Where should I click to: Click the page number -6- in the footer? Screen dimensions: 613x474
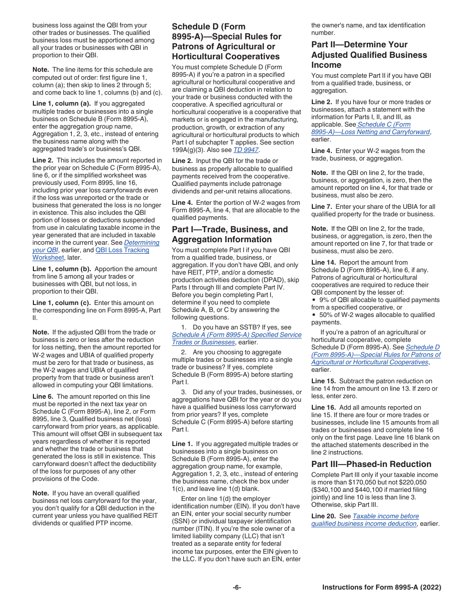click(x=237, y=588)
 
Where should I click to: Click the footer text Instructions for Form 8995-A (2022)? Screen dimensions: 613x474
click(x=382, y=588)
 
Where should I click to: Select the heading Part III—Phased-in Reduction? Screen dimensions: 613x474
click(x=371, y=464)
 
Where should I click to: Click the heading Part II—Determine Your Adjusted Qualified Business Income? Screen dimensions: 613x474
click(x=369, y=55)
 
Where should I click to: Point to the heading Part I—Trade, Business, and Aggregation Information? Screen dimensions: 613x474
click(x=230, y=234)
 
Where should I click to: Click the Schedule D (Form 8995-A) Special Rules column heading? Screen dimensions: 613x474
click(x=227, y=41)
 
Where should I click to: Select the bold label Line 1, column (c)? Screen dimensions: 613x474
click(x=61, y=303)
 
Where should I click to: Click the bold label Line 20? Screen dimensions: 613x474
click(x=323, y=516)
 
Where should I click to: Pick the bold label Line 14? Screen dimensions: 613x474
click(x=323, y=263)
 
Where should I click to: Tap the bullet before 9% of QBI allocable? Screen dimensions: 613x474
click(x=314, y=300)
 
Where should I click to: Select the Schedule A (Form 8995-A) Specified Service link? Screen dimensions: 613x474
click(x=237, y=335)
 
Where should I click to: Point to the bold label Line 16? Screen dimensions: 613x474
click(x=323, y=408)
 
